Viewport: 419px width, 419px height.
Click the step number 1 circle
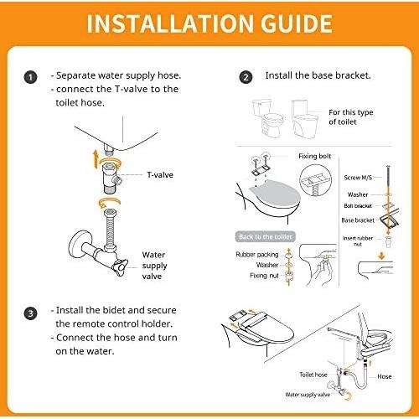click(30, 77)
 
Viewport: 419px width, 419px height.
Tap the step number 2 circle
click(246, 77)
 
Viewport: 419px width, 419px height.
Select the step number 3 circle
click(30, 313)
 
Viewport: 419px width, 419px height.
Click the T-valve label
click(160, 175)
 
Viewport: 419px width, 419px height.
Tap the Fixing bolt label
click(314, 156)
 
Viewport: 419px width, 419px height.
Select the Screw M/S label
click(358, 178)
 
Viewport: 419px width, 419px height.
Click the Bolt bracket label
click(358, 206)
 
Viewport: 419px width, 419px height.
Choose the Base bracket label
click(358, 220)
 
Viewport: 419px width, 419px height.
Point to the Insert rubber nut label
click(358, 241)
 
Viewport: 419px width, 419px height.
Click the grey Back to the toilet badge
click(266, 237)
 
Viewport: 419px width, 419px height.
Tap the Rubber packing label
click(257, 255)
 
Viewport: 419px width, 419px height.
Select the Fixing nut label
click(264, 276)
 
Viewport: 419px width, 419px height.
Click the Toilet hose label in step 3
click(313, 375)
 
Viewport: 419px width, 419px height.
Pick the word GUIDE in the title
click(297, 23)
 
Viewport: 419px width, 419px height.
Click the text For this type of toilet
click(351, 117)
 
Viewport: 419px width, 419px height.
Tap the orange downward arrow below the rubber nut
click(381, 256)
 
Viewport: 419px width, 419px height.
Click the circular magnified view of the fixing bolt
click(315, 180)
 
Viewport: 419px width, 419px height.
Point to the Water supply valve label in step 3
click(308, 395)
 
